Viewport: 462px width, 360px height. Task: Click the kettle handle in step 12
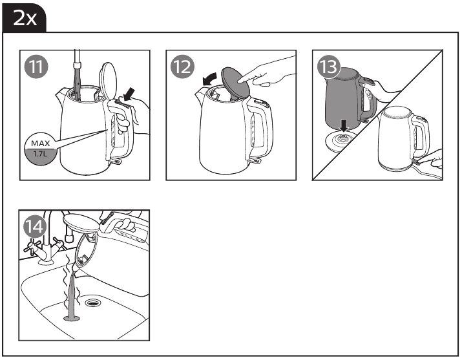point(257,129)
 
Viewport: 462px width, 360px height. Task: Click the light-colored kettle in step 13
point(401,142)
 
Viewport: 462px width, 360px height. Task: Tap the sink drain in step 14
point(95,302)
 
